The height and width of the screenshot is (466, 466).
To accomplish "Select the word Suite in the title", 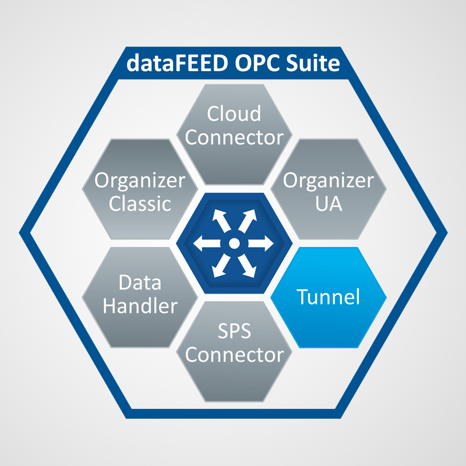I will pos(308,62).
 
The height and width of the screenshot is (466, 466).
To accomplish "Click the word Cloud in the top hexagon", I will pos(234,114).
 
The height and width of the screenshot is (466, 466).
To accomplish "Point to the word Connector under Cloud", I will pos(234,137).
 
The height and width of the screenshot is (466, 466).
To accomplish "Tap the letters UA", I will pos(329,204).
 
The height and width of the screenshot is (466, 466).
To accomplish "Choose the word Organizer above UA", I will pos(329,181).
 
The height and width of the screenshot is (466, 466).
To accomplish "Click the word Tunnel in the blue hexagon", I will pos(329,297).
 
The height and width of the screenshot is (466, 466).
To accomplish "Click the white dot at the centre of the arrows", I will pos(233,243).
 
